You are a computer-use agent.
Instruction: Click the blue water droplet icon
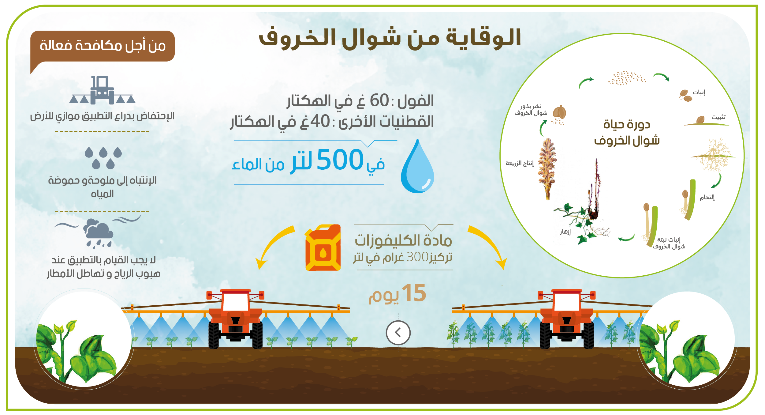click(x=417, y=167)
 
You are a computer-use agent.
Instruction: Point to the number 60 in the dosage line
click(x=379, y=100)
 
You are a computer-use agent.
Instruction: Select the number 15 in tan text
click(x=414, y=293)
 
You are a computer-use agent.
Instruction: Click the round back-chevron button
click(x=398, y=333)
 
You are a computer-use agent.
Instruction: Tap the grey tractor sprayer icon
click(x=102, y=90)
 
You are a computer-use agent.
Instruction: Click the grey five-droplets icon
click(x=103, y=158)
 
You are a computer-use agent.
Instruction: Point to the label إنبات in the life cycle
click(x=699, y=92)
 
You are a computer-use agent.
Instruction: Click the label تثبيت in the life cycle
click(x=718, y=117)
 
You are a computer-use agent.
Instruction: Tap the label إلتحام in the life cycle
click(x=707, y=197)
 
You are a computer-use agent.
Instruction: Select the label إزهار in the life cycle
click(x=565, y=232)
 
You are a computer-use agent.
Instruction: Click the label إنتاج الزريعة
click(x=520, y=163)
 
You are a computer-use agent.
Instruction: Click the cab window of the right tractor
click(x=567, y=302)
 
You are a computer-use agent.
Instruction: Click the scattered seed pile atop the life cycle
click(x=627, y=78)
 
